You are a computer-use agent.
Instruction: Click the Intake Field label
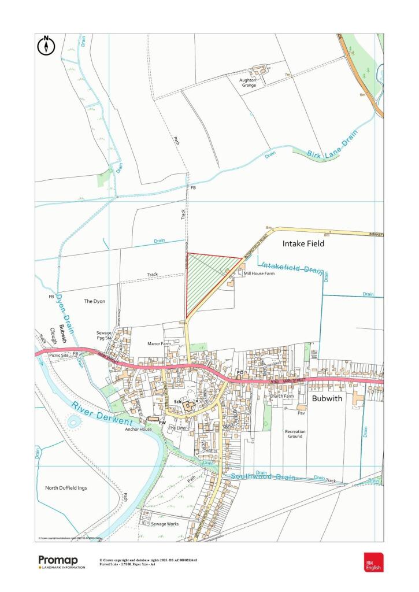tap(303, 244)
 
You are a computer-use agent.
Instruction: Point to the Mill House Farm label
tap(258, 273)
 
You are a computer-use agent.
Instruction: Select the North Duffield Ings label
tap(66, 488)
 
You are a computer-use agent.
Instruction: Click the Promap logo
tap(61, 561)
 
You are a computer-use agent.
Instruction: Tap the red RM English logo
tap(372, 562)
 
